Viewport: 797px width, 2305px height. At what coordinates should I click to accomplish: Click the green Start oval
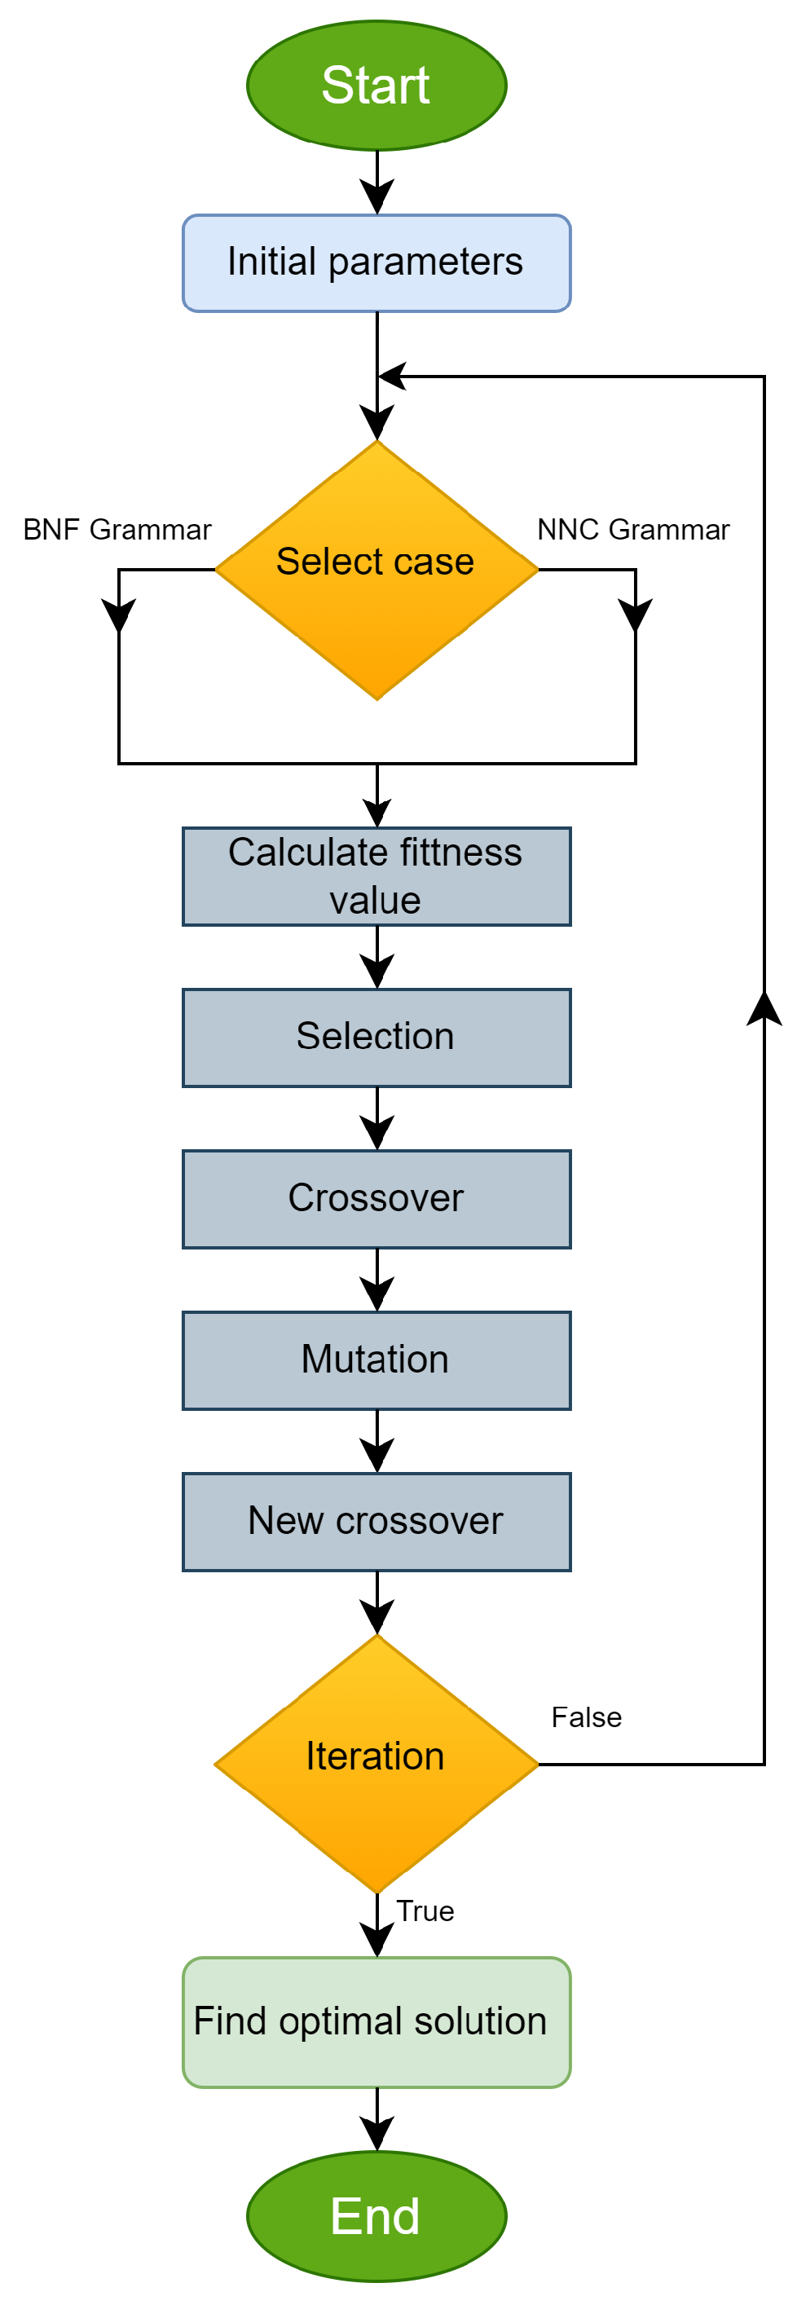tap(376, 85)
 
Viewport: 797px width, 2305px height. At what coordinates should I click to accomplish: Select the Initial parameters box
tap(376, 262)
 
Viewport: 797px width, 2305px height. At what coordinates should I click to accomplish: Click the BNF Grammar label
tap(117, 529)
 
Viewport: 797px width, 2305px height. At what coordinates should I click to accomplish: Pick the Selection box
tap(376, 1037)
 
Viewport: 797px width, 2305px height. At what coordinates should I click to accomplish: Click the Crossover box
tap(376, 1198)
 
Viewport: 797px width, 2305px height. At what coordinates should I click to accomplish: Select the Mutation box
tap(376, 1360)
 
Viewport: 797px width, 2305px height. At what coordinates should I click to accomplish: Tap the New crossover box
tap(376, 1521)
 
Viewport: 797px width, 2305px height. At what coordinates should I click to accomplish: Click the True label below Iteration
tap(425, 1911)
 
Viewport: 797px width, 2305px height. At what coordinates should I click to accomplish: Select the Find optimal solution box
tap(376, 2021)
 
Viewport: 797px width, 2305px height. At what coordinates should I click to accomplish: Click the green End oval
tap(376, 2215)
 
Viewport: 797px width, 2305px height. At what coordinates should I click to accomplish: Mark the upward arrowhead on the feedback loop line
tap(764, 1008)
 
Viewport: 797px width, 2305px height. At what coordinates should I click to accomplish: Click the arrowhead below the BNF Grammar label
tap(119, 615)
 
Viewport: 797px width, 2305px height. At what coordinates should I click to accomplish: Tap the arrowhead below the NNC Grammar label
tap(635, 615)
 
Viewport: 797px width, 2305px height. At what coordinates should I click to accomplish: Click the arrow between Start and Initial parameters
tap(376, 183)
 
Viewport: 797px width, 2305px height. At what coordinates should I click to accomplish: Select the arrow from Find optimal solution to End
tap(376, 2120)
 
